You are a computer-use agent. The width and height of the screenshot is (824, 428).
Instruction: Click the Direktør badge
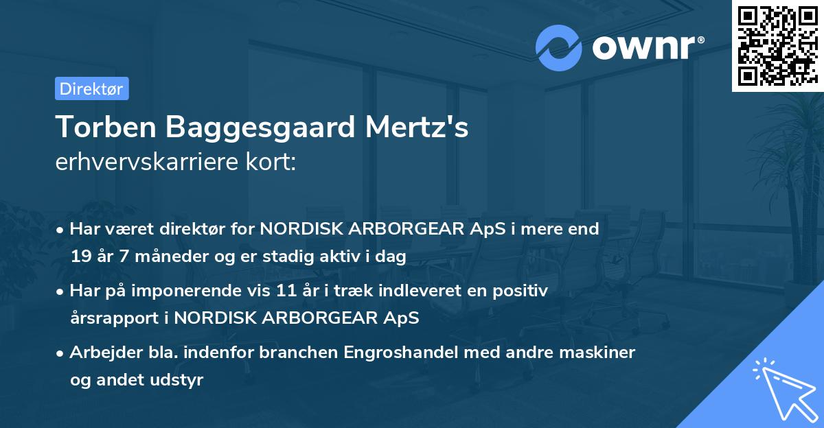(x=91, y=88)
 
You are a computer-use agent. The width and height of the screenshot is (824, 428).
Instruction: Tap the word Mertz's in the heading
(x=427, y=128)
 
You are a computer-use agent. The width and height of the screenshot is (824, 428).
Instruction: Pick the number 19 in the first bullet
(x=80, y=257)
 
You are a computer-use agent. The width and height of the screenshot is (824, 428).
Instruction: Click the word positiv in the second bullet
(x=521, y=291)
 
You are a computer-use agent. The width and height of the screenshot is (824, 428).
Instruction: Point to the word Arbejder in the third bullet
(x=100, y=353)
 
